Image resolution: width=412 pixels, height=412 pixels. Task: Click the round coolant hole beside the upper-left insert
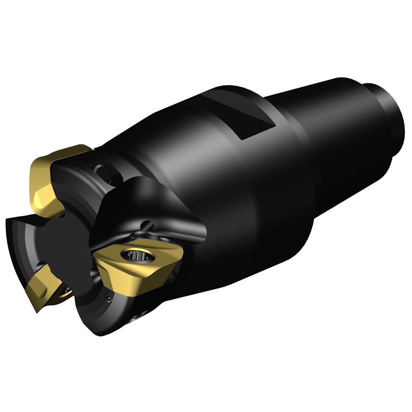point(102,171)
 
